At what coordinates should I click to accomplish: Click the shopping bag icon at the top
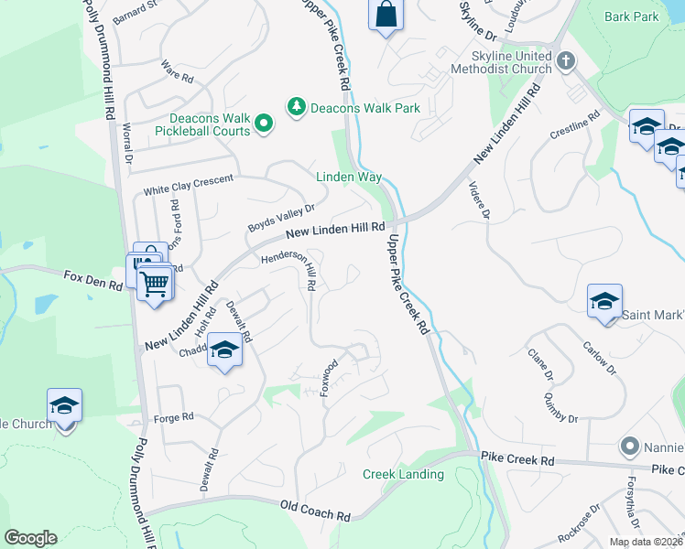pyautogui.click(x=386, y=15)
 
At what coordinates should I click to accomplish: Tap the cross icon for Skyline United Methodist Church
pyautogui.click(x=566, y=62)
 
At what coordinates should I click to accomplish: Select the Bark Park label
pyautogui.click(x=633, y=17)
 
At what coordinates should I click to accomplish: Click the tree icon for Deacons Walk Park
pyautogui.click(x=296, y=108)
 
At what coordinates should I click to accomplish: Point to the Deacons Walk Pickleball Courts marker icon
pyautogui.click(x=264, y=123)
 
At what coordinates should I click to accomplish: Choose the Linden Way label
pyautogui.click(x=348, y=177)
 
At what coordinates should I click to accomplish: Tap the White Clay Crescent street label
pyautogui.click(x=190, y=186)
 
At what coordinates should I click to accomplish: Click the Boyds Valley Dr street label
pyautogui.click(x=281, y=217)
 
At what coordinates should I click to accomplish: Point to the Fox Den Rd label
pyautogui.click(x=92, y=279)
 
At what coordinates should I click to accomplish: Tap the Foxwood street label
pyautogui.click(x=328, y=377)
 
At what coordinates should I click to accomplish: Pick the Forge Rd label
pyautogui.click(x=174, y=416)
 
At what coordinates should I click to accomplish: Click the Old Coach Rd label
pyautogui.click(x=316, y=511)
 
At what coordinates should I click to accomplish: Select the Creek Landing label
pyautogui.click(x=403, y=474)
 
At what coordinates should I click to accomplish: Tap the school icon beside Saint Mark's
pyautogui.click(x=604, y=302)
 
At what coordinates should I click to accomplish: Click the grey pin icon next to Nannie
pyautogui.click(x=628, y=447)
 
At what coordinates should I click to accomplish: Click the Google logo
pyautogui.click(x=31, y=538)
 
